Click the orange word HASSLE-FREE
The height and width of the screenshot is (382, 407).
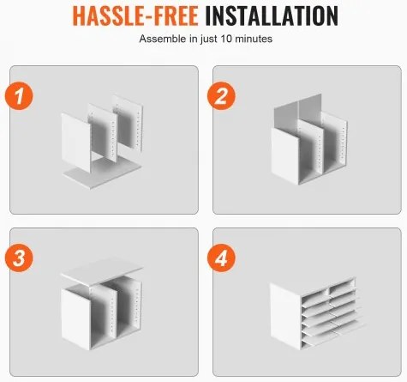[x=135, y=15]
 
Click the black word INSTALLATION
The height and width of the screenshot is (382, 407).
[x=272, y=15]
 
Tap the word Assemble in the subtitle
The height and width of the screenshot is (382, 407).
[x=163, y=39]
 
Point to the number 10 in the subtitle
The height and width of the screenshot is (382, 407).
[x=226, y=39]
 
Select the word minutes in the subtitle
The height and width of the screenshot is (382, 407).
[x=254, y=39]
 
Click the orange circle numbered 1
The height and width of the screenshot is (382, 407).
[x=19, y=95]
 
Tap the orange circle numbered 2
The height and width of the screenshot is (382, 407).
[x=221, y=95]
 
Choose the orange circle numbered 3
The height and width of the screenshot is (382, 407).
[x=19, y=258]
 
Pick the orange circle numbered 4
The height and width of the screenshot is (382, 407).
[x=221, y=258]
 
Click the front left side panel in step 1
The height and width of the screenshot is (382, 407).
[x=75, y=142]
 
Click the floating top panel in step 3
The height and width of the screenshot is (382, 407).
[x=102, y=272]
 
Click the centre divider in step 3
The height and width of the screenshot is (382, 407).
[x=104, y=311]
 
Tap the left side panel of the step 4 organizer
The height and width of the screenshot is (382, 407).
[x=285, y=316]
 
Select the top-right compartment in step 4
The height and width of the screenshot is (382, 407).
[x=341, y=286]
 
